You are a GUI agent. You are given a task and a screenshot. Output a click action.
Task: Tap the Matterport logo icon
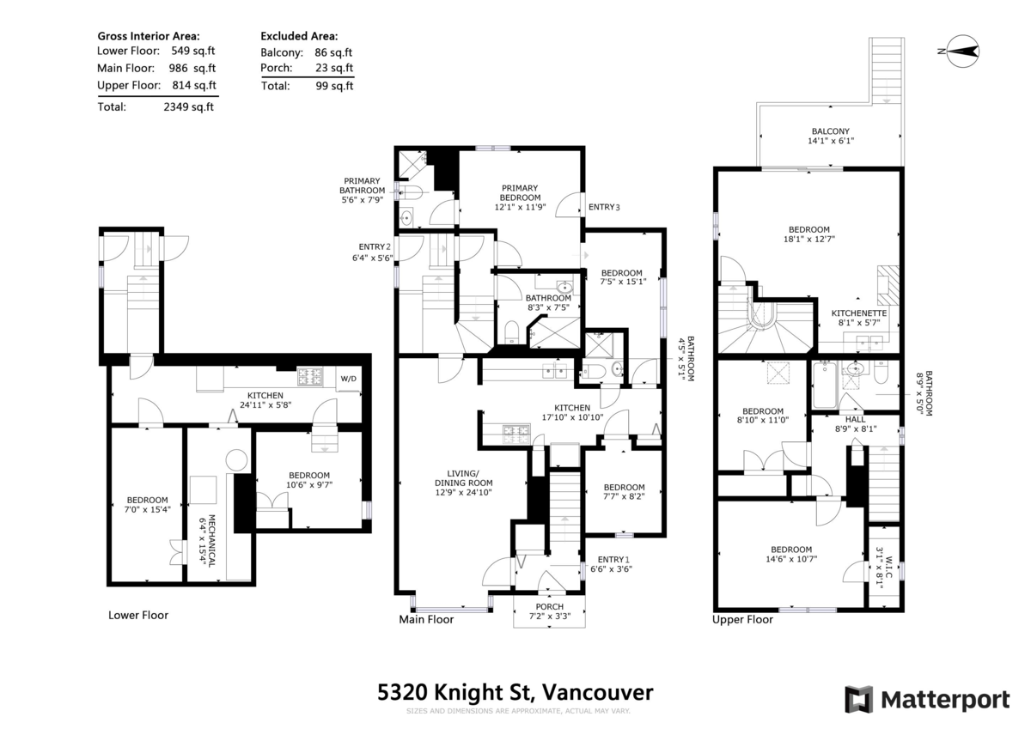859,700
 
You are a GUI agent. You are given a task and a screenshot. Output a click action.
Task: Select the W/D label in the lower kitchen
349,379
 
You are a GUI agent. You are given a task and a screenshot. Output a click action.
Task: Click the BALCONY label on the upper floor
831,131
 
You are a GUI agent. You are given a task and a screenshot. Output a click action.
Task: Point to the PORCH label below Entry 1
550,607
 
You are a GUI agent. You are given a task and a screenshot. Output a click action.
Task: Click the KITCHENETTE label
859,313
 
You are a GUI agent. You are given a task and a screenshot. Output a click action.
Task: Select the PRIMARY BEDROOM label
520,192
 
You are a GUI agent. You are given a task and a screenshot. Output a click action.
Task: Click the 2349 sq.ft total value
189,106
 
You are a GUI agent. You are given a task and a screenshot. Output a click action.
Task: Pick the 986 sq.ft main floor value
192,68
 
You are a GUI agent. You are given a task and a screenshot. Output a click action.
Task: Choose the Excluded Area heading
299,36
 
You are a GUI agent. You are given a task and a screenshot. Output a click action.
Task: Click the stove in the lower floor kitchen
310,377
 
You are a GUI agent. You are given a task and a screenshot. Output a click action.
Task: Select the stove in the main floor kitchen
516,434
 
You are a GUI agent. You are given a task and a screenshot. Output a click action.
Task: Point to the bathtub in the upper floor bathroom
825,386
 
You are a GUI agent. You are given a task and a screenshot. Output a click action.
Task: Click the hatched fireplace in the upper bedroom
888,285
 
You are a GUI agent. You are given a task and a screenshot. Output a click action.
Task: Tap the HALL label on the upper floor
855,420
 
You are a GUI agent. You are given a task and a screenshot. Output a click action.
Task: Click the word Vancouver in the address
597,692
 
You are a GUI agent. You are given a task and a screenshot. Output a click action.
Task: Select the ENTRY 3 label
604,207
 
